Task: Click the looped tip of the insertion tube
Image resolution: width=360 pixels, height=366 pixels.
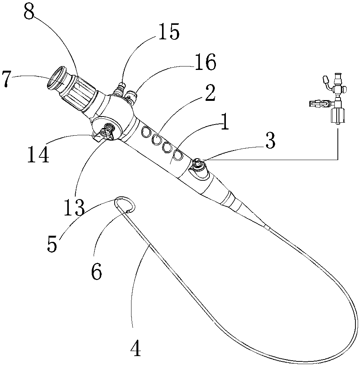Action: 125,204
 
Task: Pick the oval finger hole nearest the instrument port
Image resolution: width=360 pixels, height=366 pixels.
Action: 178,155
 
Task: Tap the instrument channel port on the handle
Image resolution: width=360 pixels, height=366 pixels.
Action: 198,164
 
